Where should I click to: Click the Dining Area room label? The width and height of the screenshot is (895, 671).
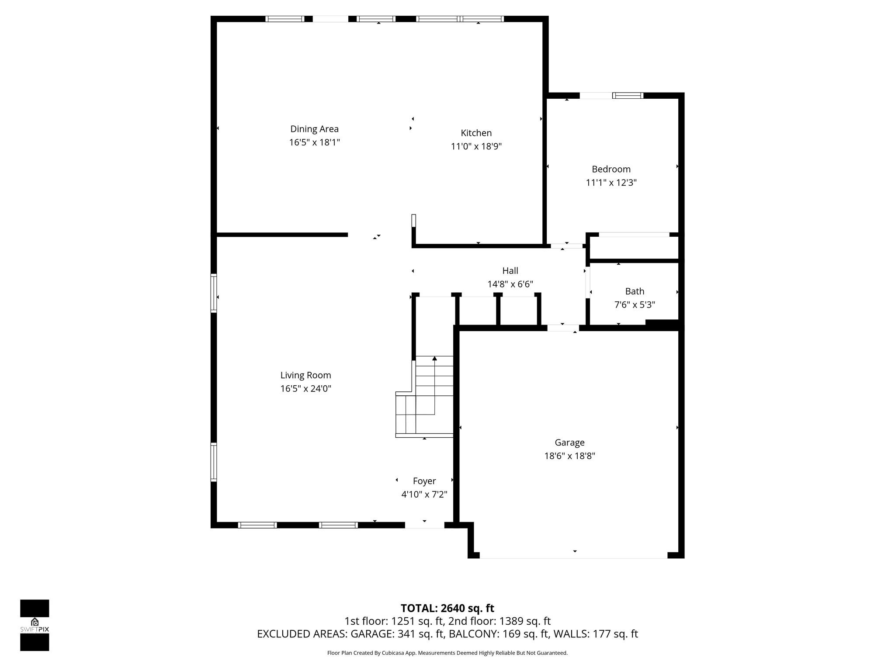pos(314,129)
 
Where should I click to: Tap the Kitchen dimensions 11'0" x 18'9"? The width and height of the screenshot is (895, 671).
pos(476,146)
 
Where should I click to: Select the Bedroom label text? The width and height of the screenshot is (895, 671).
pos(611,169)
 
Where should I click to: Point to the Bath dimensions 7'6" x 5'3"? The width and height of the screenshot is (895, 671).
pos(635,305)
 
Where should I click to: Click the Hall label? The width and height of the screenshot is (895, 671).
pos(510,271)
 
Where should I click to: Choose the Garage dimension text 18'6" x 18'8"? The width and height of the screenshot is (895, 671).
pos(569,456)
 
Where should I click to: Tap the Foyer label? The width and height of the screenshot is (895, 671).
pos(424,481)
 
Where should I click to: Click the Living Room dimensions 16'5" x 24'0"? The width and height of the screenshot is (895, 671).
pos(305,389)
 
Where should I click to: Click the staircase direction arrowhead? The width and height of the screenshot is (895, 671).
pos(434,359)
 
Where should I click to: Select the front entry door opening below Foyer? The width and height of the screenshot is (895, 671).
pos(424,525)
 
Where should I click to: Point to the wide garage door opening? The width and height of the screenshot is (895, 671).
pos(573,555)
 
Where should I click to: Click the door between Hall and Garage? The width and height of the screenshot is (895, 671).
pos(563,328)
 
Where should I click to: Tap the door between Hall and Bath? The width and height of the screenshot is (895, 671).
pos(588,283)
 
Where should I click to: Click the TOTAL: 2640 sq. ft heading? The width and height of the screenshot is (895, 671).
pos(447,608)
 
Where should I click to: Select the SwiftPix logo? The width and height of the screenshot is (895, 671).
pos(35,625)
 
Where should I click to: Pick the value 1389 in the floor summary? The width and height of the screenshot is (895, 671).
pos(511,621)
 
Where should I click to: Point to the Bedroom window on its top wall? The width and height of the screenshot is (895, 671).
pos(628,96)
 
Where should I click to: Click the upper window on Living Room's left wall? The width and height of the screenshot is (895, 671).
pos(214,293)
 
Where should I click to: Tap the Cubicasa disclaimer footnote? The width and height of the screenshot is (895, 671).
pos(447,653)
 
